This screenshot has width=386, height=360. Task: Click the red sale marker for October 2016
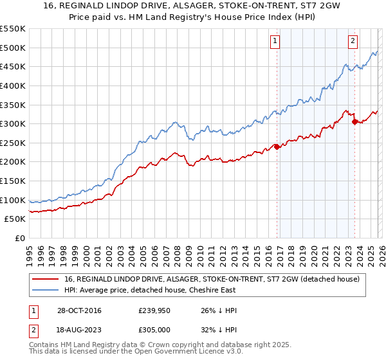(277, 147)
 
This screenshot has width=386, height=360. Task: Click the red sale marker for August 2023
(354, 122)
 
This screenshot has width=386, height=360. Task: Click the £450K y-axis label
(13, 66)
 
